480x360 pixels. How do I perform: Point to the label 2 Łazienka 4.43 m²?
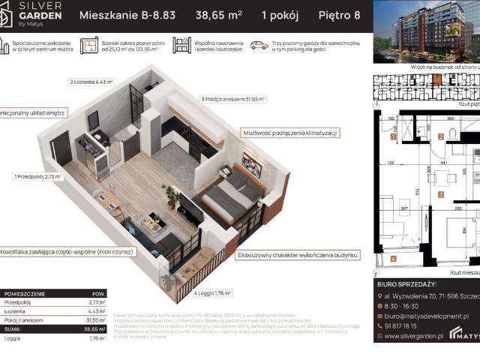91,82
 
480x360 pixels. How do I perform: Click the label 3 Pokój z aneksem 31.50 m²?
233,98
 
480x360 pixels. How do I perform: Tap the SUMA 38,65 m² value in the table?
94,328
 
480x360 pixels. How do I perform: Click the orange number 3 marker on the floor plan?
441,194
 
